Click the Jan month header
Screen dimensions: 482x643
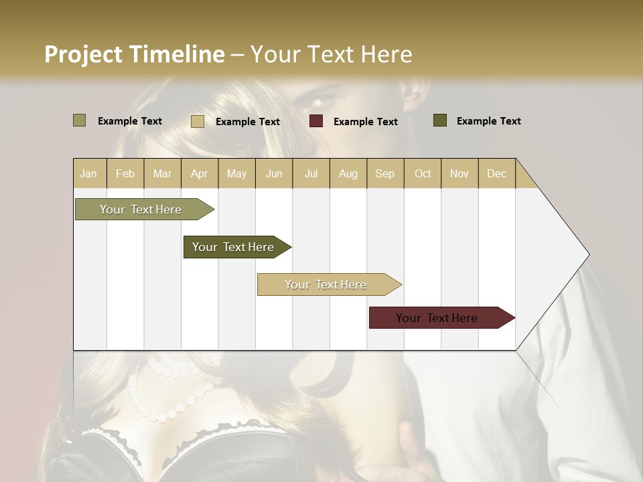pos(88,174)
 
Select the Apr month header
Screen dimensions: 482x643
pos(199,174)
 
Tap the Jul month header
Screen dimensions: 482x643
pos(311,174)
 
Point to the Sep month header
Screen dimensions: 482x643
pos(384,174)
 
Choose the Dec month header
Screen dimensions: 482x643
pos(496,174)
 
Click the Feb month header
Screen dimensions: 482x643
pos(125,174)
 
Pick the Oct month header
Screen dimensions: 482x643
pos(422,174)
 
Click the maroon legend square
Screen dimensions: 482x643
pos(316,121)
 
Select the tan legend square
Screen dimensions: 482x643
pos(198,121)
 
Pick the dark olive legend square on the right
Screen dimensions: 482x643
pos(440,120)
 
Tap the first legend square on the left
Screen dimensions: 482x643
pos(80,120)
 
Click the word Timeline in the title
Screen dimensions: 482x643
pos(175,54)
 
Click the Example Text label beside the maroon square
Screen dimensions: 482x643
pos(365,122)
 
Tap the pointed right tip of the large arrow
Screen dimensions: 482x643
pos(588,254)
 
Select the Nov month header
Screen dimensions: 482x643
pos(459,174)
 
